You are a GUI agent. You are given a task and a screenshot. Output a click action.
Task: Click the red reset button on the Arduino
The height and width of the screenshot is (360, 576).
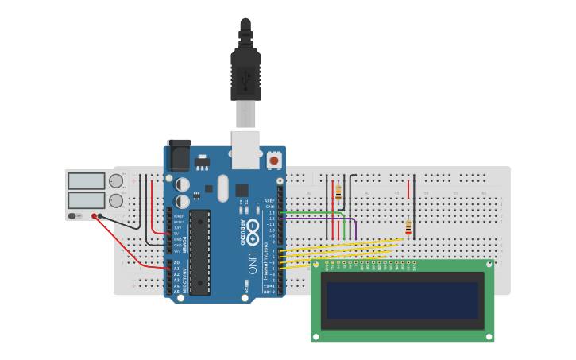(274, 161)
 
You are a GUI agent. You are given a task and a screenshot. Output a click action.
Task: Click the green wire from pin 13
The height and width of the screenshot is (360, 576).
(314, 212)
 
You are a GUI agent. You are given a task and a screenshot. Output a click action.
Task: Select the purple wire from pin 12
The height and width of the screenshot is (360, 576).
(318, 218)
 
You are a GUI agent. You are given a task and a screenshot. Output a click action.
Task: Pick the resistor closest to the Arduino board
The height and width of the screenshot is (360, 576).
(338, 192)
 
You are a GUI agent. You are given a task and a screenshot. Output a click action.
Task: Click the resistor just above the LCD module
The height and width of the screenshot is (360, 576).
(408, 227)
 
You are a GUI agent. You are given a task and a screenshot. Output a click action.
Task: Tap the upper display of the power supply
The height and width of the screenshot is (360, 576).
(86, 181)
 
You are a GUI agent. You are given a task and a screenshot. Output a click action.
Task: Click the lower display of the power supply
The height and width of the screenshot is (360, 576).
(86, 200)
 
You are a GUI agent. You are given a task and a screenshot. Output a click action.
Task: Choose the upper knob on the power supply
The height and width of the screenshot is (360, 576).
(116, 181)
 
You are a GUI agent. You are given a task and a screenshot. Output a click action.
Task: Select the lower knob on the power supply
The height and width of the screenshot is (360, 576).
(116, 200)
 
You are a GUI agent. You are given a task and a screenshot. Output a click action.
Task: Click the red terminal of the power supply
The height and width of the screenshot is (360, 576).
(95, 216)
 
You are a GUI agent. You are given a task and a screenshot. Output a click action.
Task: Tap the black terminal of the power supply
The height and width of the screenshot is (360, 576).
(101, 216)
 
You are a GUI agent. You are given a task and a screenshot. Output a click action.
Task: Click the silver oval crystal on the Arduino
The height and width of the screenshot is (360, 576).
(222, 188)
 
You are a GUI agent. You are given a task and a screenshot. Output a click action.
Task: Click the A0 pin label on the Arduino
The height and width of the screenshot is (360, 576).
(176, 262)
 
